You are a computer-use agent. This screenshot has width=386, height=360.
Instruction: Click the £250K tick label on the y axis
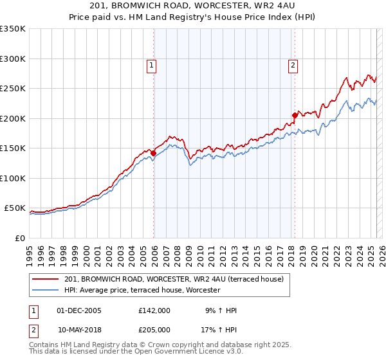point(13,88)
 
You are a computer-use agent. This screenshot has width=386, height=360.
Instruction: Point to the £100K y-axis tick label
point(13,178)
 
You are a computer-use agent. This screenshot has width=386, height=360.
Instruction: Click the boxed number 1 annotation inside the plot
point(151,64)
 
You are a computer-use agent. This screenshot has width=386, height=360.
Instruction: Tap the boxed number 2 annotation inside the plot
point(293,64)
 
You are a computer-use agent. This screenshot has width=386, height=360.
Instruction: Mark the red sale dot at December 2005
point(154,153)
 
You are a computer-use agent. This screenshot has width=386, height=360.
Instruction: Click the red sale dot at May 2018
point(295,116)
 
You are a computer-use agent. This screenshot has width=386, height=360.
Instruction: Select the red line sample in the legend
point(46,278)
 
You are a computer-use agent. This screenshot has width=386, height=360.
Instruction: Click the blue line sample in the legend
point(46,290)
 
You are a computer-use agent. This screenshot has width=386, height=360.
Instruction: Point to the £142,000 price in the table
point(154,310)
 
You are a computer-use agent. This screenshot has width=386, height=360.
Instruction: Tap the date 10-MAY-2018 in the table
point(82,330)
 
